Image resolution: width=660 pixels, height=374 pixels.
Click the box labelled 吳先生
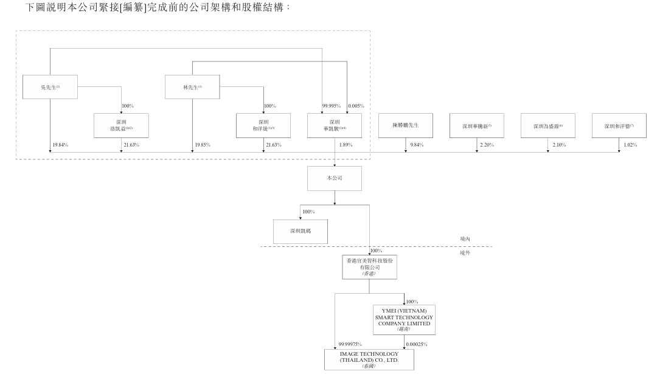[50, 87]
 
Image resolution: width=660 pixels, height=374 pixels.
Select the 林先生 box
[192, 87]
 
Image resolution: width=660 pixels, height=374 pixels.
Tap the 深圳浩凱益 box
[121, 125]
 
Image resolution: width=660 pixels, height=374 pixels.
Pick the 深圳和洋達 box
[263, 125]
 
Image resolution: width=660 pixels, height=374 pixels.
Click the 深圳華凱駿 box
[335, 125]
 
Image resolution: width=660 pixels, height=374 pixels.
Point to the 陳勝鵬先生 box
[406, 125]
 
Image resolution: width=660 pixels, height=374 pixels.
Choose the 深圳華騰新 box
[477, 125]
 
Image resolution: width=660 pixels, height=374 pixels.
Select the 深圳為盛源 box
[548, 125]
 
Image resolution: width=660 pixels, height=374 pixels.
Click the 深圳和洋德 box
[619, 125]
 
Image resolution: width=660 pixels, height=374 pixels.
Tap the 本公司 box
[335, 178]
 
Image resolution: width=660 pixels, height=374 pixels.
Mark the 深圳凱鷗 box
[300, 231]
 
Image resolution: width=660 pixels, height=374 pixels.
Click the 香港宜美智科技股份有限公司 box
[369, 266]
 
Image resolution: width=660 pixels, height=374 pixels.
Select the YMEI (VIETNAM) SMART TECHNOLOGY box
[404, 319]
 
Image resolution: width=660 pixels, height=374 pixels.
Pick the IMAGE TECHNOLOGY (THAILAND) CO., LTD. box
[369, 359]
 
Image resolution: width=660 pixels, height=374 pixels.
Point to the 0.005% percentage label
[356, 106]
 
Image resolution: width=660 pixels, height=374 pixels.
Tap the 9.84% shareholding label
[417, 145]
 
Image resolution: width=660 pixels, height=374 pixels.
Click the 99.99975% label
[349, 344]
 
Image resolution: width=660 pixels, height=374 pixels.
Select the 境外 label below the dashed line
[465, 252]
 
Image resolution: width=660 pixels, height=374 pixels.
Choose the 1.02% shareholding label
[630, 145]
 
